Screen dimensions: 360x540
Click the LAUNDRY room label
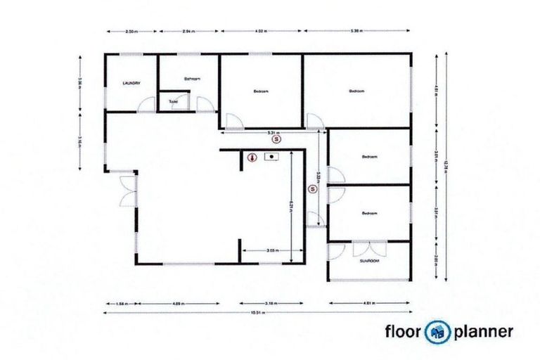pos(131,83)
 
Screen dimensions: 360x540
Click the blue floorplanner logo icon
pos(441,331)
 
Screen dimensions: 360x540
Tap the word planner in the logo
pos(484,331)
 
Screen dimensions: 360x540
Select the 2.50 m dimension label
pos(130,32)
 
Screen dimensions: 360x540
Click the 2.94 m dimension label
pos(188,32)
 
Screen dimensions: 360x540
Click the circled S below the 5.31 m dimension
pos(277,141)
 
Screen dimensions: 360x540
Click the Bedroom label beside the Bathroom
pos(261,91)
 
